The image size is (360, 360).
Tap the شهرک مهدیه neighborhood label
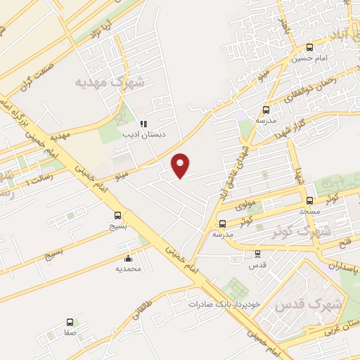tap(110, 82)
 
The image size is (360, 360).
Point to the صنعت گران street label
tap(39, 85)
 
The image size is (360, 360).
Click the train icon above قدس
tap(257, 254)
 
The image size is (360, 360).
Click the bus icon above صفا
tap(70, 322)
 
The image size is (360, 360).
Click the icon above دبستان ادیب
tap(143, 124)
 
